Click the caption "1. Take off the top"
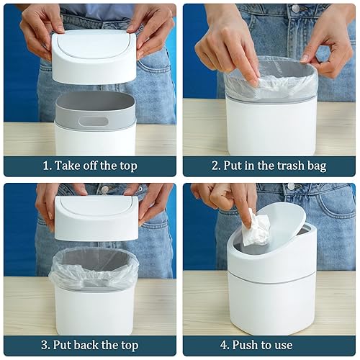click(x=90, y=166)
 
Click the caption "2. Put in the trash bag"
click(x=269, y=166)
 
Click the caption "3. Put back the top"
click(x=90, y=345)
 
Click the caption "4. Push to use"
click(x=269, y=345)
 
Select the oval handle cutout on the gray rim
click(x=94, y=121)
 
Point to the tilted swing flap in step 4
click(x=281, y=225)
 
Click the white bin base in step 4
click(x=272, y=302)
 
